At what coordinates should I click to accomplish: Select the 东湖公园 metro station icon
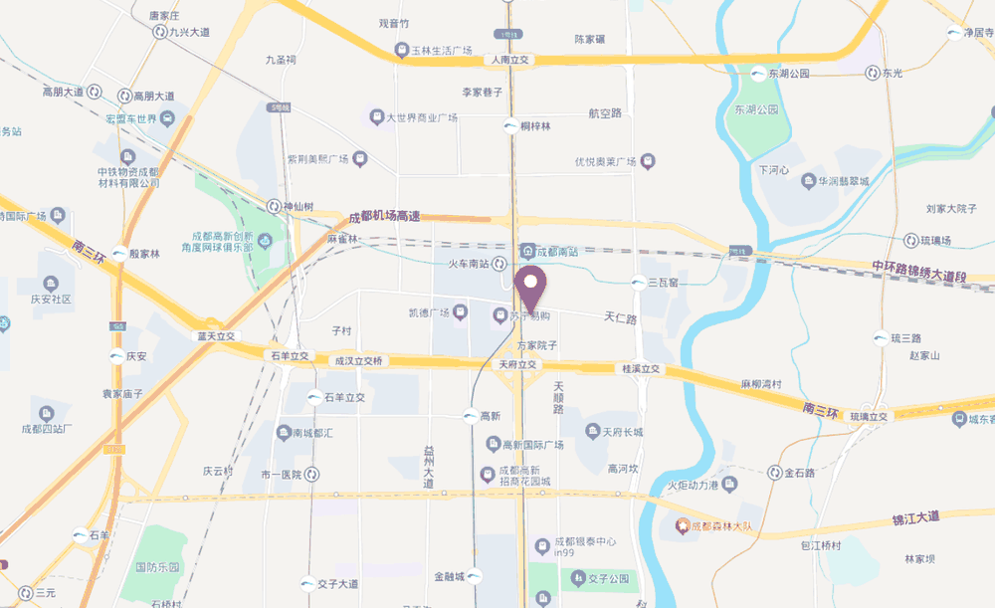[759, 74]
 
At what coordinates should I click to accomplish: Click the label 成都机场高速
[384, 217]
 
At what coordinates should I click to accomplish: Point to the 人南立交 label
[510, 61]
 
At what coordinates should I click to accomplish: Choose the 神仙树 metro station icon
[274, 207]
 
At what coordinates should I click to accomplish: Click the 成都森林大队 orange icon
[683, 525]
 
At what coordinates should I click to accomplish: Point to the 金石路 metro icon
[775, 473]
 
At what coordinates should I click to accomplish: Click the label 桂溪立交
[641, 368]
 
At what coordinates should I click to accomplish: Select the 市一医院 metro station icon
[311, 474]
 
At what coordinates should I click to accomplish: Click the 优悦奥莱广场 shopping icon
[648, 161]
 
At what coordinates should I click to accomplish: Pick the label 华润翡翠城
[843, 181]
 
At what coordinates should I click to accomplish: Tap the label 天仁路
[620, 318]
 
